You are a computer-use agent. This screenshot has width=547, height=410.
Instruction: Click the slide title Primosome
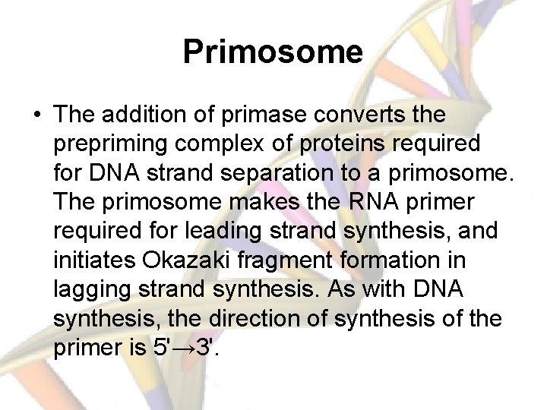tap(273, 52)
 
